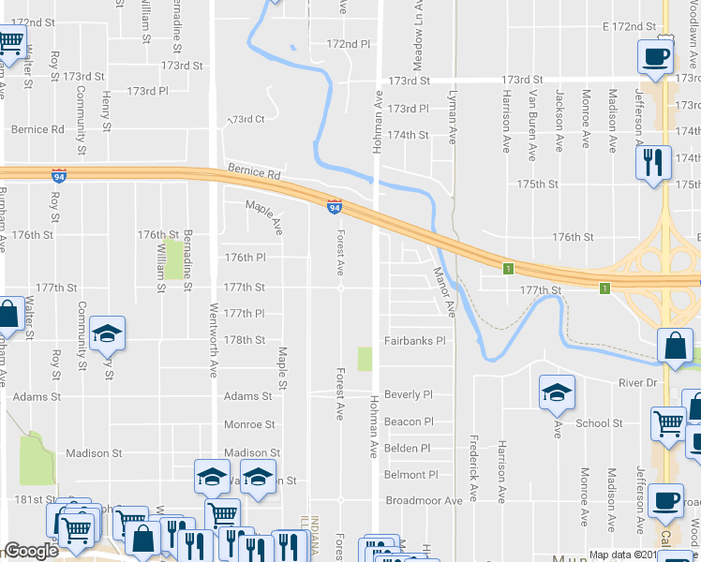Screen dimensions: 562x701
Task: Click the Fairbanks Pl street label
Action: [x=413, y=341]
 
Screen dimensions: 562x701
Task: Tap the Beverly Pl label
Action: [x=408, y=395]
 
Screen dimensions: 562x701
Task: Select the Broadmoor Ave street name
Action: [x=424, y=501]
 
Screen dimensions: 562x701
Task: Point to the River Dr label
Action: [x=640, y=384]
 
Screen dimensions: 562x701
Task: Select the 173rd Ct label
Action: [x=247, y=120]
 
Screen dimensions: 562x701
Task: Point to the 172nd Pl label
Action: [x=349, y=44]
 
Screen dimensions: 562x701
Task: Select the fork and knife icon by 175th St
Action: [x=652, y=162]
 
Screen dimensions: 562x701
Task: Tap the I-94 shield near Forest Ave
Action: [x=334, y=207]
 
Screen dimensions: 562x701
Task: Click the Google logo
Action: [x=32, y=552]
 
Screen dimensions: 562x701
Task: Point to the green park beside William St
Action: [x=173, y=259]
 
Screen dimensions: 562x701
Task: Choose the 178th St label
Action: [x=246, y=340]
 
